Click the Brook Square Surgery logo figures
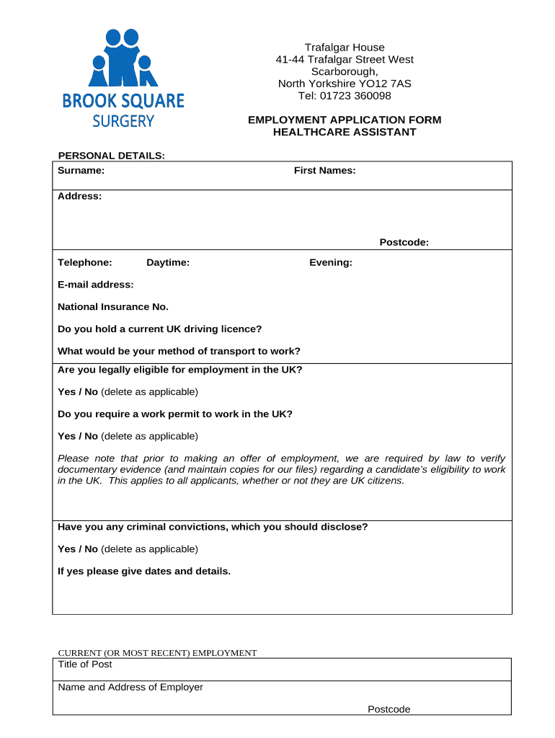coord(123,60)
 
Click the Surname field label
coord(81,171)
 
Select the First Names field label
coord(324,171)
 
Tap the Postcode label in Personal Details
coord(404,242)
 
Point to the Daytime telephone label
coord(168,262)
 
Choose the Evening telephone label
coord(331,262)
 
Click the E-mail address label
coord(96,285)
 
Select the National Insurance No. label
coord(113,307)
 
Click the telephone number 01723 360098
coord(356,96)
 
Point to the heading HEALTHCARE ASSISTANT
coord(345,132)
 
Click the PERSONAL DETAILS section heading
coord(112,155)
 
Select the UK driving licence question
coord(160,329)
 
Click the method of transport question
coord(179,352)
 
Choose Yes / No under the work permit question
coord(78,436)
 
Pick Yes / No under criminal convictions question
coord(78,549)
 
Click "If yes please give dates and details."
coord(144,572)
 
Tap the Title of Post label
coord(85,664)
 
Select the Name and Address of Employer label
coord(130,687)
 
